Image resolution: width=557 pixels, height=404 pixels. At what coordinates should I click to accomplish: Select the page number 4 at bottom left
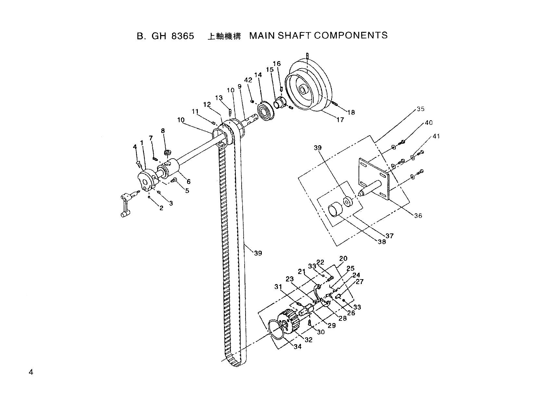click(x=31, y=372)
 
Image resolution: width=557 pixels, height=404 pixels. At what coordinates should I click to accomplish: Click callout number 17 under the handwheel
click(x=340, y=120)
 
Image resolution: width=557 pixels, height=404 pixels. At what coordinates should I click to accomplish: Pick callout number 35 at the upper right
click(x=420, y=109)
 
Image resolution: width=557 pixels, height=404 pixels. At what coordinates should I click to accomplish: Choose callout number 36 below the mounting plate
click(x=418, y=215)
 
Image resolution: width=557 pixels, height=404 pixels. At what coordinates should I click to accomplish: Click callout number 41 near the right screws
click(x=436, y=136)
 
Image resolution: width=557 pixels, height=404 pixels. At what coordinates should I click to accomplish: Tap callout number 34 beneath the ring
click(x=297, y=346)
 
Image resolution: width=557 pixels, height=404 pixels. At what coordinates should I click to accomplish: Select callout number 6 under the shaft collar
click(x=188, y=182)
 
